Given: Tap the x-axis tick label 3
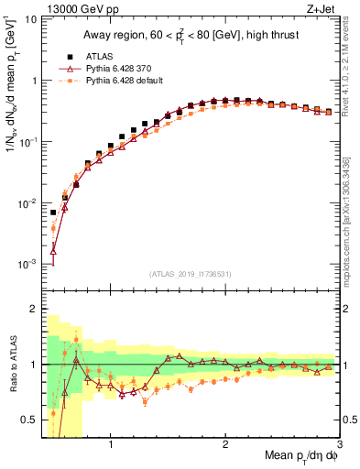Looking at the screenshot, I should [340, 446].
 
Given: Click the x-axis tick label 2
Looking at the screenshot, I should [225, 446].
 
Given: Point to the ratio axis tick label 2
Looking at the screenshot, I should [33, 309].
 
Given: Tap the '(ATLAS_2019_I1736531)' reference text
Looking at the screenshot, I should [191, 274].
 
